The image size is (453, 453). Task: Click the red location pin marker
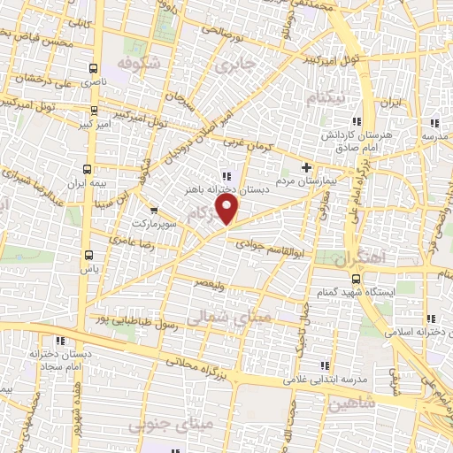[229, 209]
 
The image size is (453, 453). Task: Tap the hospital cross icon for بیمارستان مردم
[306, 166]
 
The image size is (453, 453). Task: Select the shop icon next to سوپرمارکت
[154, 211]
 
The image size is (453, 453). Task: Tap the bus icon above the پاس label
[87, 251]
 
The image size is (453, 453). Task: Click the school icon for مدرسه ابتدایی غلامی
[324, 365]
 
